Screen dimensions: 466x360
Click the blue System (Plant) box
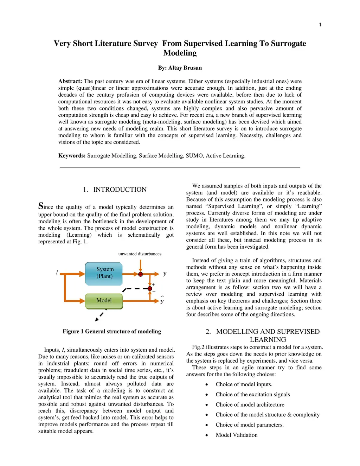click(x=104, y=273)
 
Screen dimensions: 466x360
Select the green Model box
click(x=104, y=301)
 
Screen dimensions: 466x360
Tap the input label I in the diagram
click(x=57, y=273)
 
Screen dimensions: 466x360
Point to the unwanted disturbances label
click(x=140, y=254)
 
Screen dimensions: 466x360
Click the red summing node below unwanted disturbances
click(x=141, y=274)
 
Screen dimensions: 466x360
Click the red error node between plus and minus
click(x=150, y=288)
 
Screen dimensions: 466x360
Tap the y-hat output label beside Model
click(x=162, y=301)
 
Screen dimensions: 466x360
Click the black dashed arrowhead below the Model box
click(x=97, y=319)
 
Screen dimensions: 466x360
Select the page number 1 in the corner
click(x=320, y=25)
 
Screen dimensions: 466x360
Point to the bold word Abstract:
click(x=70, y=81)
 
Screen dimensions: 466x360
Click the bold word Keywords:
click(x=72, y=156)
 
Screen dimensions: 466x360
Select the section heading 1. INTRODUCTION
click(x=115, y=190)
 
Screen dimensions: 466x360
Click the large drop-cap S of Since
click(x=41, y=206)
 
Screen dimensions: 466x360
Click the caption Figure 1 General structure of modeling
click(x=112, y=331)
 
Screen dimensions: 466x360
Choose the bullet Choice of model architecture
click(x=250, y=405)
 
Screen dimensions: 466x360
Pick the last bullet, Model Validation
click(x=237, y=435)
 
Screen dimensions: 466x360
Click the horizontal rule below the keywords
click(x=180, y=168)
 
